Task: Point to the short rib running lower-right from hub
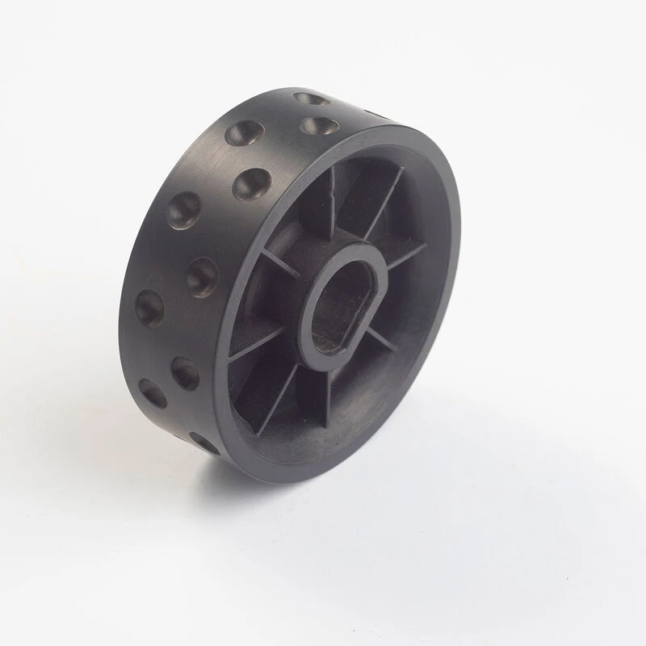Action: tap(380, 339)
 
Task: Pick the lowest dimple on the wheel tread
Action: tap(203, 442)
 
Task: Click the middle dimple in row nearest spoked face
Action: tap(203, 276)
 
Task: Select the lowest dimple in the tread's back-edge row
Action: tap(153, 392)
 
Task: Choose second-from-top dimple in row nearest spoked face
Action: tap(250, 184)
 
